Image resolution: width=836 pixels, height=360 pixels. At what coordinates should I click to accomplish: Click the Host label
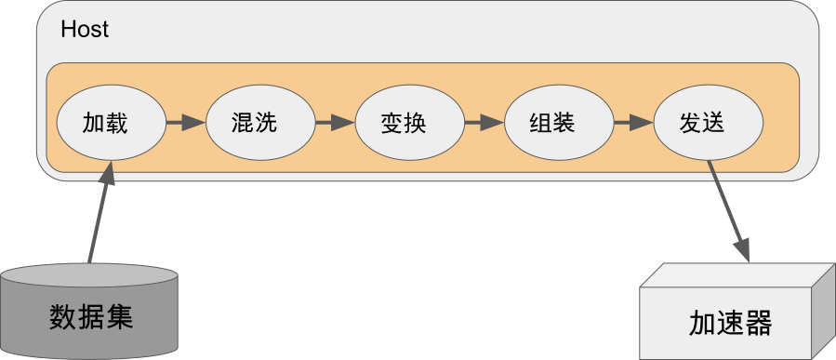coord(85,30)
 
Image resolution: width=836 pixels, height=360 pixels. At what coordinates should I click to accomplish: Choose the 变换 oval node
coord(409,122)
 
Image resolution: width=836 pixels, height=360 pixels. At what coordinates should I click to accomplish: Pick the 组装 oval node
coord(558,122)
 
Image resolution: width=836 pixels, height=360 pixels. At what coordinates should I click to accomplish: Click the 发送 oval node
coord(708,122)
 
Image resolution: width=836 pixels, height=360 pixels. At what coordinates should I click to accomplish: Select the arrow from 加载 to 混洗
coord(185,122)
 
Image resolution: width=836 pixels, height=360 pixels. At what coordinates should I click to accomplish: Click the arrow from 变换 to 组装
coord(484,122)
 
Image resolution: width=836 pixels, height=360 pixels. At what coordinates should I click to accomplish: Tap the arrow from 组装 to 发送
coord(632,122)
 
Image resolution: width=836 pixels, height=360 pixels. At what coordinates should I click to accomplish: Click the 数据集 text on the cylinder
coord(91,316)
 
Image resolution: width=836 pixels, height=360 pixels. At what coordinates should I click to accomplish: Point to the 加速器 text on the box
coord(731,324)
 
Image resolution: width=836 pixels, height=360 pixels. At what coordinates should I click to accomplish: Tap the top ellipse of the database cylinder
coord(90,277)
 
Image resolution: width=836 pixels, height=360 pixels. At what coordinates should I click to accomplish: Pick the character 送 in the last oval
coord(714,122)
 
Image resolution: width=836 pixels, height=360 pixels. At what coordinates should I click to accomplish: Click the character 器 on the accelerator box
coord(759,324)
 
